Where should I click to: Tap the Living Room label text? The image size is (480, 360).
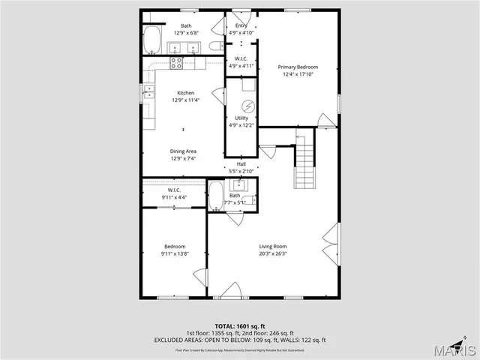[x=273, y=246]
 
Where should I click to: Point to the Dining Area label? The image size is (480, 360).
[x=183, y=151]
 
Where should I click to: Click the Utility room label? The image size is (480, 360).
[x=241, y=118]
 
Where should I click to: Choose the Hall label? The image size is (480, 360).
[x=241, y=164]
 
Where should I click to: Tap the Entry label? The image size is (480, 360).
[x=241, y=25]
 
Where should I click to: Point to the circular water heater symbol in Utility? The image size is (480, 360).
[x=242, y=105]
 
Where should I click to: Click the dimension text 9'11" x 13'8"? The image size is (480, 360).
[x=175, y=253]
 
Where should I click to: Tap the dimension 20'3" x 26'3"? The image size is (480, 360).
[x=273, y=253]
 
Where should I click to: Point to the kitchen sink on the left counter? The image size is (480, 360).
[x=149, y=94]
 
